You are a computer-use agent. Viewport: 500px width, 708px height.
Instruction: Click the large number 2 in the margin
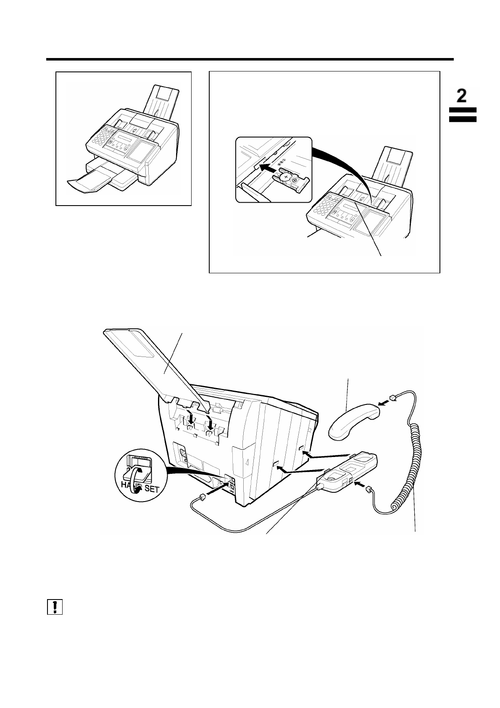click(x=462, y=96)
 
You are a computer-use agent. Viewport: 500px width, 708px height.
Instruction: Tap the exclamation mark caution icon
click(x=55, y=607)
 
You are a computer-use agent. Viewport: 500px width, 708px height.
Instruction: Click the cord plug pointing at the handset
click(x=393, y=398)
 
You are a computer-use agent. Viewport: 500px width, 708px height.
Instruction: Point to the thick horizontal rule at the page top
click(x=250, y=60)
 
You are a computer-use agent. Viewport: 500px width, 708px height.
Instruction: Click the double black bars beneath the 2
click(x=462, y=114)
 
